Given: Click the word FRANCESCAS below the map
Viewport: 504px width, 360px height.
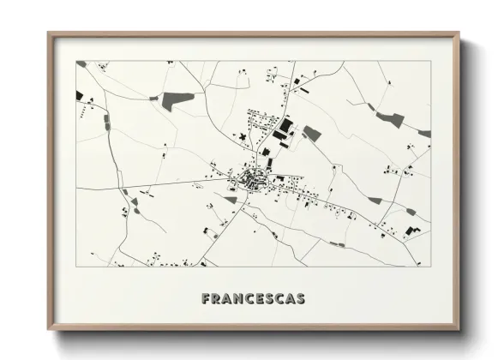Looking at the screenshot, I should click(x=253, y=299).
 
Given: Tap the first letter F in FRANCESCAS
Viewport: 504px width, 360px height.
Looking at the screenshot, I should click(x=206, y=299).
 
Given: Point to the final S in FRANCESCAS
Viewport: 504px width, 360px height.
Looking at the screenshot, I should click(x=299, y=299).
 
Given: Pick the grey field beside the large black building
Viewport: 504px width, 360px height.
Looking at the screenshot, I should click(x=312, y=133).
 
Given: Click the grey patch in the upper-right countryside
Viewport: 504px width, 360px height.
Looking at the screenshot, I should click(x=391, y=119).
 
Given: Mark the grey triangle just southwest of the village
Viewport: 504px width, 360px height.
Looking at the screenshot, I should click(x=231, y=200).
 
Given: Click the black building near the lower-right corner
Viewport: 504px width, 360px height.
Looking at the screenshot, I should click(x=413, y=231).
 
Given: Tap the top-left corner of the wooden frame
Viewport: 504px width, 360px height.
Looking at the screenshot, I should click(x=50, y=35).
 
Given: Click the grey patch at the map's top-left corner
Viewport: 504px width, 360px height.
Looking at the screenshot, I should click(x=81, y=63).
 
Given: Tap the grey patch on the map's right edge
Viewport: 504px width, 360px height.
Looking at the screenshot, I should click(x=424, y=134).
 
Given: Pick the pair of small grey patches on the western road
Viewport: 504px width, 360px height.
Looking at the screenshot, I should click(x=107, y=122).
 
